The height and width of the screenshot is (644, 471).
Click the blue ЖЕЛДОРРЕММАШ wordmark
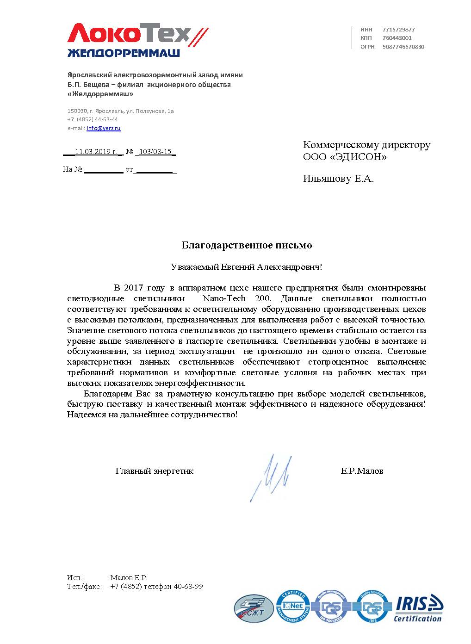tap(124, 54)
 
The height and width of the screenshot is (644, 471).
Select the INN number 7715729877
tap(398, 29)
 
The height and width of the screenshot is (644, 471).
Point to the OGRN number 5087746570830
tap(403, 46)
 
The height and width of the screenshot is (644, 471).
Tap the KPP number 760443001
tap(397, 38)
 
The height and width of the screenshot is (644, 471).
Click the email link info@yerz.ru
tap(104, 128)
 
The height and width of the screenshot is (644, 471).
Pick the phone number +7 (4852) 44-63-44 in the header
tap(93, 119)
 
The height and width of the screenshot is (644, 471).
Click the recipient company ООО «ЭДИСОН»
tap(344, 157)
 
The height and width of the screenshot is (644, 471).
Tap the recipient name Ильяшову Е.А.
tap(338, 179)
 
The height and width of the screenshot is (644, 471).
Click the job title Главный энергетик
tap(154, 471)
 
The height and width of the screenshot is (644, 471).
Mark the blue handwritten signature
tap(272, 477)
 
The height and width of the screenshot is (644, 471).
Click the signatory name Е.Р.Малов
tap(362, 471)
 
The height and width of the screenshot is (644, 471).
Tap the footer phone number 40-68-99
tap(188, 587)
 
